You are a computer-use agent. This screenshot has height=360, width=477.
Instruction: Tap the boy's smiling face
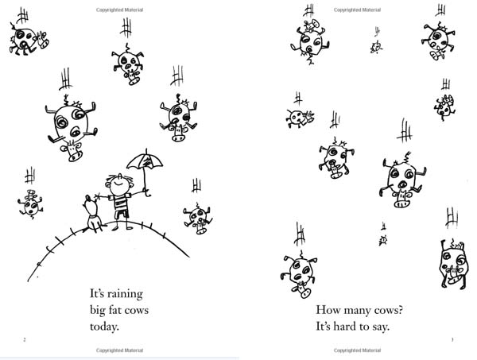[118, 184]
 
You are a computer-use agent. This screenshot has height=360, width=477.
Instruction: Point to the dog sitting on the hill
[93, 214]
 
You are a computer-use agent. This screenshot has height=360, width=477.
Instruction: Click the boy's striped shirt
[120, 203]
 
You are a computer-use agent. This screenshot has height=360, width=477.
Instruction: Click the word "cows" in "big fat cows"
[137, 311]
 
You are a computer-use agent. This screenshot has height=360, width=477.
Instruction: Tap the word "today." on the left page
[104, 327]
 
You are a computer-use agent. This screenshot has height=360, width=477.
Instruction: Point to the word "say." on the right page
[381, 327]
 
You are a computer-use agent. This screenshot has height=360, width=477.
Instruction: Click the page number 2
[25, 339]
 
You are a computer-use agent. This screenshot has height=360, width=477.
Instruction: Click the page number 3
[452, 339]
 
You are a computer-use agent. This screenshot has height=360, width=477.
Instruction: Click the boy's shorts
[122, 214]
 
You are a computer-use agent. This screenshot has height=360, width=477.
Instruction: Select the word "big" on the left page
[97, 311]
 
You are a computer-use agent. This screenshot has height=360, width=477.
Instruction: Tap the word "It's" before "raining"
[97, 294]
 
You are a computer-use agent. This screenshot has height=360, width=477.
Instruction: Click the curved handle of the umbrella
[147, 193]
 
